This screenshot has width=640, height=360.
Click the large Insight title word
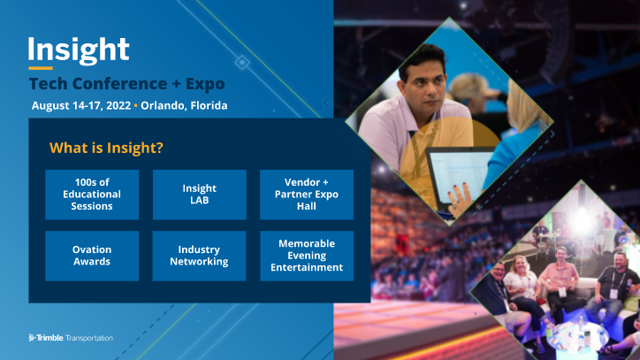79,49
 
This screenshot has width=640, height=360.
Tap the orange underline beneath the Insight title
41,68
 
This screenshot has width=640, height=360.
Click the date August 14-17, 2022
80,106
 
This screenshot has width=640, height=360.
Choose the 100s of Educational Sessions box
92,195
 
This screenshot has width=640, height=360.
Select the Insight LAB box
199,195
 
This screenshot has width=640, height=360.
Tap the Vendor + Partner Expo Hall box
306,195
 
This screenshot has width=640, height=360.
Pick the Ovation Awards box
92,256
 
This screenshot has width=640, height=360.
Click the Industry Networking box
199,256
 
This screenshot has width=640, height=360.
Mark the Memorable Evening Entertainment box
306,256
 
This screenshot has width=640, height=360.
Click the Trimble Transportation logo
71,337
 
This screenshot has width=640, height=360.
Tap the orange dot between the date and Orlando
136,106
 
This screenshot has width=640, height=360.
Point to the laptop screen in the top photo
455,173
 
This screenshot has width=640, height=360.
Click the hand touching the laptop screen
460,196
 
